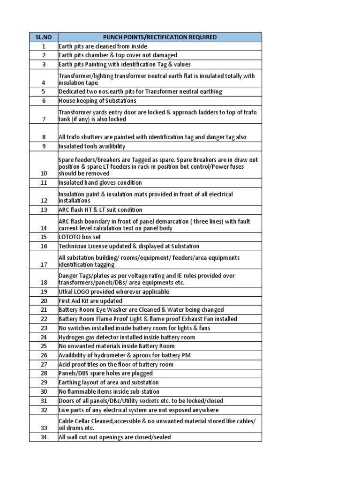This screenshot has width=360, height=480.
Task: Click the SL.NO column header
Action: click(x=44, y=37)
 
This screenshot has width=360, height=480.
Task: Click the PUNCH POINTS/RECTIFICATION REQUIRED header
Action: click(x=159, y=37)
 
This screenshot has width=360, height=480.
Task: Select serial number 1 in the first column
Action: click(x=44, y=46)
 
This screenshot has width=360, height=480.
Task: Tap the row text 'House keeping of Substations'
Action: click(x=97, y=101)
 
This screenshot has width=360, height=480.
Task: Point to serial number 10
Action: click(x=44, y=173)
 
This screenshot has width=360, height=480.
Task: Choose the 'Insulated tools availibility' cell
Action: click(x=92, y=146)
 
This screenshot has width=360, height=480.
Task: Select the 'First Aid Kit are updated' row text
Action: click(x=90, y=301)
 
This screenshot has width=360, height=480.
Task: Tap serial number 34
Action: click(x=44, y=437)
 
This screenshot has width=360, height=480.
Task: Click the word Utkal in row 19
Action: click(x=66, y=292)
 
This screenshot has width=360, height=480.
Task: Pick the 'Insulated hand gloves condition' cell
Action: click(x=100, y=182)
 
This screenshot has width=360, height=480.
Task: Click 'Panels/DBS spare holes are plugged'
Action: click(x=105, y=374)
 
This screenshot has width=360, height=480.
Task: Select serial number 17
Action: click(x=44, y=264)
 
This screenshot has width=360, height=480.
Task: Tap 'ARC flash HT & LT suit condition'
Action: click(x=100, y=210)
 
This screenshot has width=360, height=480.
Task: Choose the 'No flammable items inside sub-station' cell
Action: click(x=109, y=391)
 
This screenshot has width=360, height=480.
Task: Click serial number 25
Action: click(x=44, y=346)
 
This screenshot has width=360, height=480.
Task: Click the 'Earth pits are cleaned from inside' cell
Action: click(x=103, y=46)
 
